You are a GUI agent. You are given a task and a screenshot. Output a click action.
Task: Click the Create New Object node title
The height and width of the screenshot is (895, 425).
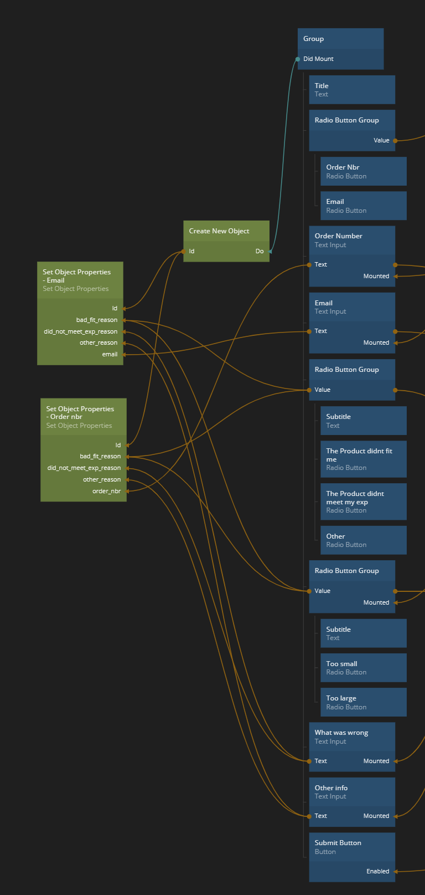click(x=219, y=231)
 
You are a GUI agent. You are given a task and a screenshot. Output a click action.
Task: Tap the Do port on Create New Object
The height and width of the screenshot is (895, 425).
click(x=260, y=252)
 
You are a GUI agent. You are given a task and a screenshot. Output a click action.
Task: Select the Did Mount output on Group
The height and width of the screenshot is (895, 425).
click(x=318, y=59)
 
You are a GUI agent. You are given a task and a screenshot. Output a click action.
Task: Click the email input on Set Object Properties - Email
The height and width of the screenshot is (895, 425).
click(x=110, y=355)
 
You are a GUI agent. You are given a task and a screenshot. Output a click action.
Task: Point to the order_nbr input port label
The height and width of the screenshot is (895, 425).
click(x=106, y=492)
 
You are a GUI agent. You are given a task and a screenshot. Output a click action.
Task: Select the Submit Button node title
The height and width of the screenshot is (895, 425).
click(x=338, y=843)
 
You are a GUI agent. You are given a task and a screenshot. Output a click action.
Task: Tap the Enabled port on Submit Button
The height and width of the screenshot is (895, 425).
click(x=378, y=872)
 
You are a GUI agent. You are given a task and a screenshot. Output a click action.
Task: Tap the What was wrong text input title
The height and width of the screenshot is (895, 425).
click(x=341, y=733)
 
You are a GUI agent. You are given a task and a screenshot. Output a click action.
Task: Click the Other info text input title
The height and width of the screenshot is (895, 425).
click(x=331, y=788)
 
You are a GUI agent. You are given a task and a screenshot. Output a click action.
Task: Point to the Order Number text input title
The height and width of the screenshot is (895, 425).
click(x=339, y=236)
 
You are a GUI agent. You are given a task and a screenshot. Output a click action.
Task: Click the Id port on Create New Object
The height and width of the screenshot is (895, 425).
click(x=191, y=252)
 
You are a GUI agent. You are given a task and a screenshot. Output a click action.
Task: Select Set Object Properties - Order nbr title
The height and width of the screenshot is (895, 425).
click(x=80, y=413)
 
